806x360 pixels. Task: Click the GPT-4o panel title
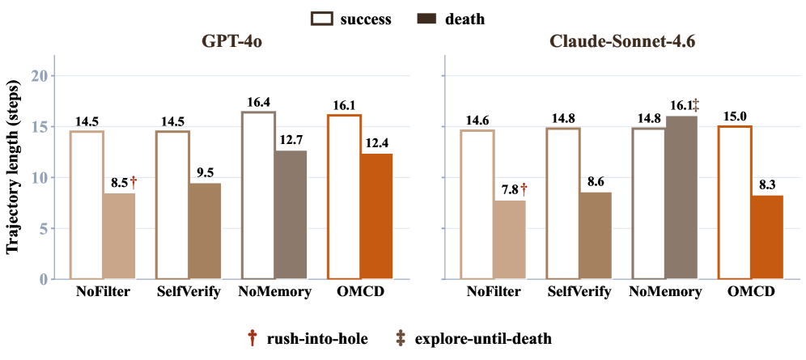(231, 42)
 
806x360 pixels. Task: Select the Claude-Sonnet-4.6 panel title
(622, 42)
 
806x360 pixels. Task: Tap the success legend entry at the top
(351, 19)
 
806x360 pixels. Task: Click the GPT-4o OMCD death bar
(375, 216)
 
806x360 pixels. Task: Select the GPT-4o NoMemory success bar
(259, 195)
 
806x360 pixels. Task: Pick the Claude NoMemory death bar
(681, 197)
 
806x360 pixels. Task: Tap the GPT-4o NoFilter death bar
(119, 236)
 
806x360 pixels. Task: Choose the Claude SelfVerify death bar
(596, 235)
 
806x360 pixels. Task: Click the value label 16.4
(259, 104)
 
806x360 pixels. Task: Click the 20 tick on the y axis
(40, 75)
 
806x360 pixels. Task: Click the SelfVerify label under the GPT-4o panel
(189, 293)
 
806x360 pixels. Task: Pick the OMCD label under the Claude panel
(751, 292)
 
